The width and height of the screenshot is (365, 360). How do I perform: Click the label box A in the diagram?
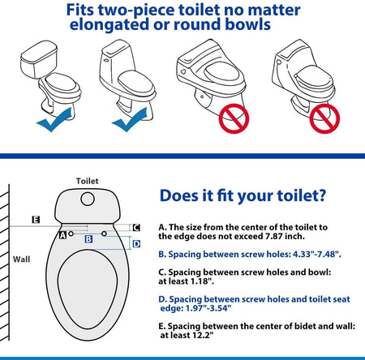point(62,235)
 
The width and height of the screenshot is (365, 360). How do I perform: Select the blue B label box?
point(88,239)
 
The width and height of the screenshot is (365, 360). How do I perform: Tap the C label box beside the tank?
point(136,228)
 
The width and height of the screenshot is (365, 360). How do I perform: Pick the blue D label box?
point(136,244)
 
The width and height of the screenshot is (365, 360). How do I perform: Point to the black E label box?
point(36,220)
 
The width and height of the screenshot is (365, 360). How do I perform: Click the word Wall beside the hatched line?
point(22,259)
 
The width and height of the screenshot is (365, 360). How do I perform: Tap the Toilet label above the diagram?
point(87,181)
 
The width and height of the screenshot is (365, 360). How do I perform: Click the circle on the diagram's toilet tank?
point(88,199)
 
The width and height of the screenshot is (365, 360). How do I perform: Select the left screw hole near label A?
point(71,234)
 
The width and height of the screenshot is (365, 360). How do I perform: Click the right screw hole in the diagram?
point(104,234)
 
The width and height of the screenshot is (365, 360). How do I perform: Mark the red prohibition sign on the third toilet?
point(234,118)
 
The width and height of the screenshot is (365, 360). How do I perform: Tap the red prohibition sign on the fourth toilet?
point(324,118)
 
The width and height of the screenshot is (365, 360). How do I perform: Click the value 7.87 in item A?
point(274,237)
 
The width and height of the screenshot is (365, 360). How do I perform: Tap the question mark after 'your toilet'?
point(322,195)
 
